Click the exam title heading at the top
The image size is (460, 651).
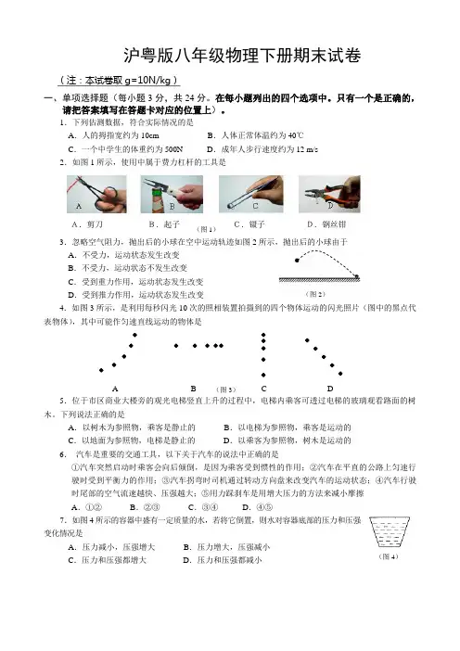coord(242,56)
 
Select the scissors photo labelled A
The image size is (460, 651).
coord(96,194)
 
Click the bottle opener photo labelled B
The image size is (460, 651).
coord(172,194)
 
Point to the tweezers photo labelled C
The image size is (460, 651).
coord(251,194)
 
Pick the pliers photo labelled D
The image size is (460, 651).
coord(329,194)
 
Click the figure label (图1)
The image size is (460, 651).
coord(206,229)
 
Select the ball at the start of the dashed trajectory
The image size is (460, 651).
coord(297,261)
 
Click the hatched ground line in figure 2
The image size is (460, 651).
coord(319,280)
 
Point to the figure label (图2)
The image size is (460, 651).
coord(315,294)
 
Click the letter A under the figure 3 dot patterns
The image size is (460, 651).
coord(115,389)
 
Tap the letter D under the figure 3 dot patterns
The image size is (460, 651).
coord(330,389)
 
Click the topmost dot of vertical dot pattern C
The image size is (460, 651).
coord(263,335)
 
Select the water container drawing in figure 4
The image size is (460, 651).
coord(390,532)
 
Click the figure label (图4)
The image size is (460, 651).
coord(389,556)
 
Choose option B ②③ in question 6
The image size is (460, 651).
coord(145,507)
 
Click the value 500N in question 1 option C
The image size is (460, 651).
coord(173,149)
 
